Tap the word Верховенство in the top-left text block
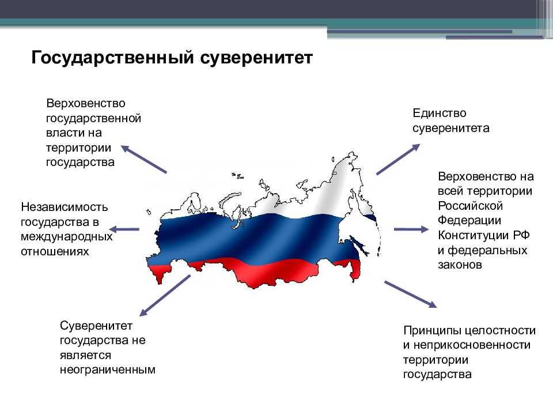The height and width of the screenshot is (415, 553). click(x=86, y=103)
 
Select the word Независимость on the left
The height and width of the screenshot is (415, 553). click(x=64, y=206)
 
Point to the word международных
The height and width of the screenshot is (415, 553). click(x=66, y=236)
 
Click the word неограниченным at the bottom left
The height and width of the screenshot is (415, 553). click(x=108, y=369)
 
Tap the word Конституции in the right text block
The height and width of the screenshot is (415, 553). click(x=474, y=236)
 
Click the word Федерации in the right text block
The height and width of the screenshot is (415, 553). click(x=467, y=221)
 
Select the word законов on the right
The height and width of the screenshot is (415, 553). click(x=459, y=265)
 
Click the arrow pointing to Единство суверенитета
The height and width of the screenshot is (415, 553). click(x=398, y=159)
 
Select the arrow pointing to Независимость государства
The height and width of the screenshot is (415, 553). click(x=124, y=229)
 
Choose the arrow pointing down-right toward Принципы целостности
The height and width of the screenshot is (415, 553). click(x=410, y=294)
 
